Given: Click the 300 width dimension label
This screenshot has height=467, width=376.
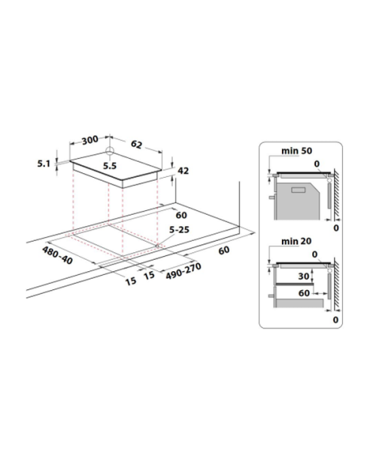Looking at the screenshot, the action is point(89,139).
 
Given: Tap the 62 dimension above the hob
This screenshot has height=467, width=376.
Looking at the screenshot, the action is point(136,144).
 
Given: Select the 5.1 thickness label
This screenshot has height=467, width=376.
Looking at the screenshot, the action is point(44,163).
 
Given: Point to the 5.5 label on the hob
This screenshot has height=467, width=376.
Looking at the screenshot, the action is point(110,166).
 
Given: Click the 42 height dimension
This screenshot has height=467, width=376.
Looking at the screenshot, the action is point(183,171).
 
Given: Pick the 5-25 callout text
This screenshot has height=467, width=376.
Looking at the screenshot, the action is point(179,230).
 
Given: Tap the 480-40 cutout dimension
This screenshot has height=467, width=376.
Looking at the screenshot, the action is point(57,255).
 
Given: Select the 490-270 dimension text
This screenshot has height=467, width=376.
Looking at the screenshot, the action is point(183,271).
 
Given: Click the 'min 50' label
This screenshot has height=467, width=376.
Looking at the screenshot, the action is point(296,151).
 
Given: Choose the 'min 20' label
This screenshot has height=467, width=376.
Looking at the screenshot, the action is point(296,241).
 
